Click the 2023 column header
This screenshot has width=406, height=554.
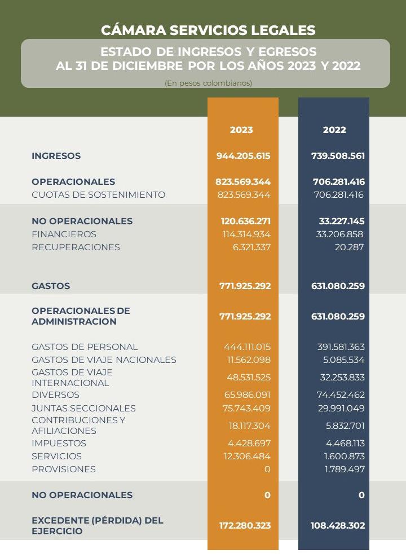click(x=241, y=130)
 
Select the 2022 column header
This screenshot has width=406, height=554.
click(x=334, y=130)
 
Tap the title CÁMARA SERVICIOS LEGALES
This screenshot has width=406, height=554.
click(x=208, y=30)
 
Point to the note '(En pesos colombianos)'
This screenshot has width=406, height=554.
click(x=208, y=83)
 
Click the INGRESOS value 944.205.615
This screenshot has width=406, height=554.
click(x=244, y=156)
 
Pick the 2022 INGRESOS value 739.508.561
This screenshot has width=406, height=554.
click(x=338, y=156)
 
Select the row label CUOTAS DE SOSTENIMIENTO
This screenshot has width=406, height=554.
click(x=99, y=195)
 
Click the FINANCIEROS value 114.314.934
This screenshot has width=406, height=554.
click(x=244, y=234)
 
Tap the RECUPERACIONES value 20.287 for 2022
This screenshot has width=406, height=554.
click(x=349, y=247)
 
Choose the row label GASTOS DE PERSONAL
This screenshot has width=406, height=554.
click(x=85, y=347)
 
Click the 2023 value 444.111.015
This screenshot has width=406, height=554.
click(x=247, y=347)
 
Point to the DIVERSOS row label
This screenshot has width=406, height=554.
click(x=55, y=395)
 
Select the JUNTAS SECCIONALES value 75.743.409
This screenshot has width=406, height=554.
click(x=247, y=409)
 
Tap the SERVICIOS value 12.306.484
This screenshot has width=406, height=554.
click(x=247, y=457)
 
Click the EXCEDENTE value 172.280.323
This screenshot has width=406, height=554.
click(x=245, y=526)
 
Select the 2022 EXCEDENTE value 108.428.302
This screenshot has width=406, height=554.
click(x=338, y=526)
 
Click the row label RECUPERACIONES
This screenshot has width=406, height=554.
click(x=76, y=247)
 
